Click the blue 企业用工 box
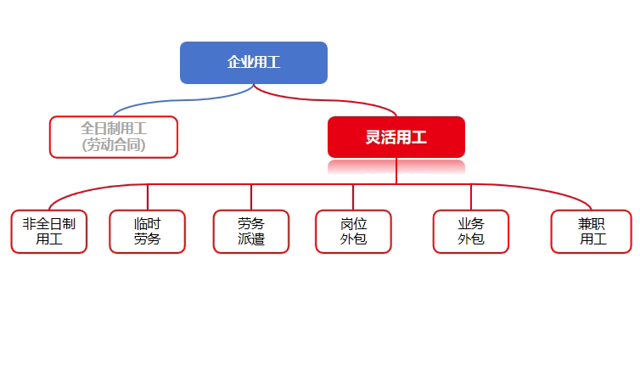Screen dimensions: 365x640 tap(254, 62)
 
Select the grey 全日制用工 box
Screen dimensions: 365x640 tap(114, 137)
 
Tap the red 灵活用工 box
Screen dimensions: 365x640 tap(396, 137)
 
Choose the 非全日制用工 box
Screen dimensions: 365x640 tap(49, 232)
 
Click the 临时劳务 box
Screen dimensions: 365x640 tap(148, 232)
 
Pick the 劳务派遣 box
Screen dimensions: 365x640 tap(251, 232)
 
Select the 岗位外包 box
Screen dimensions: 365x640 tap(353, 232)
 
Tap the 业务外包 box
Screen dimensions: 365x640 tap(470, 232)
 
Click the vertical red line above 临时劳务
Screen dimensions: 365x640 tap(148, 197)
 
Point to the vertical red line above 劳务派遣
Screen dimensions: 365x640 tap(251, 197)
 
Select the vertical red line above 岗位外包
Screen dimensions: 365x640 tap(353, 197)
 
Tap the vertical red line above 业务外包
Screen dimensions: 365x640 tap(470, 197)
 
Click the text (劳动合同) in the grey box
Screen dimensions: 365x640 tap(114, 145)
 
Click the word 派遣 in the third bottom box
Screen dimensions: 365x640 tap(251, 239)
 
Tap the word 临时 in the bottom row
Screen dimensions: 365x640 tap(148, 223)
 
